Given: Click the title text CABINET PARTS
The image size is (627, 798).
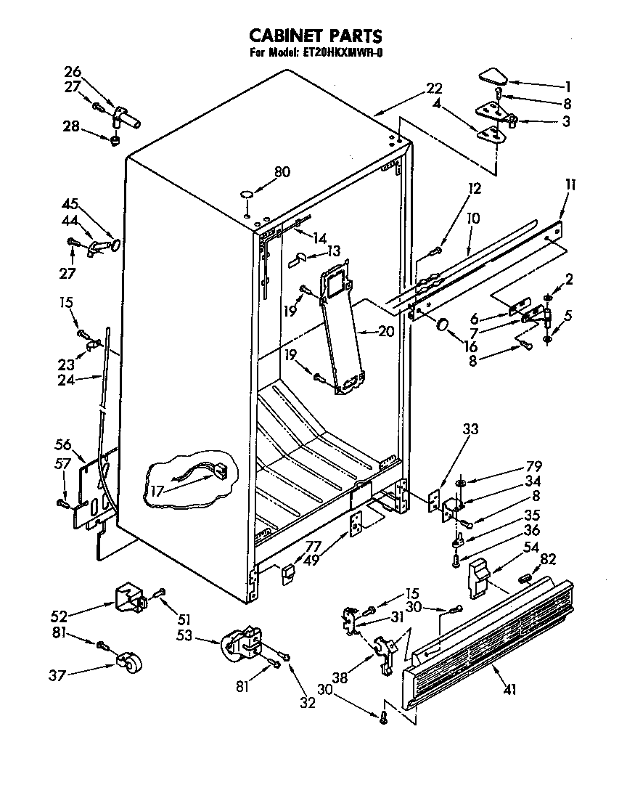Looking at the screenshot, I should [315, 36].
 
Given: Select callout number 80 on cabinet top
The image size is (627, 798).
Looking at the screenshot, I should [282, 172].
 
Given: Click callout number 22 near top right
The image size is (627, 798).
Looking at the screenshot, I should [433, 89].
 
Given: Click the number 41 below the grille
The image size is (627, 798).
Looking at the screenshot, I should [509, 690].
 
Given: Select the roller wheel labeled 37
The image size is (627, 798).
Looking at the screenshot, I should [128, 664].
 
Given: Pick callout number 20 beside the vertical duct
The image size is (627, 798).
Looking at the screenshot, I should [385, 332].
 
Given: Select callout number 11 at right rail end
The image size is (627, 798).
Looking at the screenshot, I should [570, 185].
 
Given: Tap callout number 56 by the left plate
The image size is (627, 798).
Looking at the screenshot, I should [63, 445].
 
